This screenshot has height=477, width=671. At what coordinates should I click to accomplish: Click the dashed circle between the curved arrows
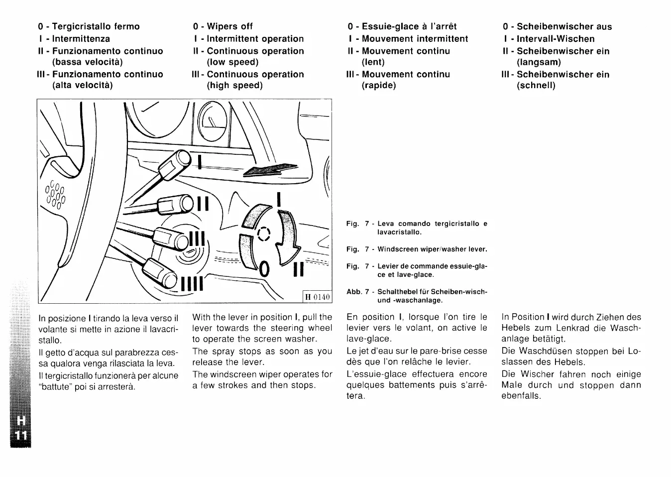pyautogui.click(x=263, y=234)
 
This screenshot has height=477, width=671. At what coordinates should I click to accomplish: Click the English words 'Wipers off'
pyautogui.click(x=229, y=26)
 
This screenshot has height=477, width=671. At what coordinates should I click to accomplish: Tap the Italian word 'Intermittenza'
pyautogui.click(x=81, y=39)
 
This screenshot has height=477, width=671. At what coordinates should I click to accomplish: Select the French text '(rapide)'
pyautogui.click(x=379, y=85)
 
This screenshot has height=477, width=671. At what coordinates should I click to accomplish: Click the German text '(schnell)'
pyautogui.click(x=536, y=85)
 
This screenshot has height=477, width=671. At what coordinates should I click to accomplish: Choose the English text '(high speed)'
pyautogui.click(x=234, y=85)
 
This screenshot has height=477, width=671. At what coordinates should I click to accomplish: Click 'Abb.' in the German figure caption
pyautogui.click(x=353, y=291)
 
